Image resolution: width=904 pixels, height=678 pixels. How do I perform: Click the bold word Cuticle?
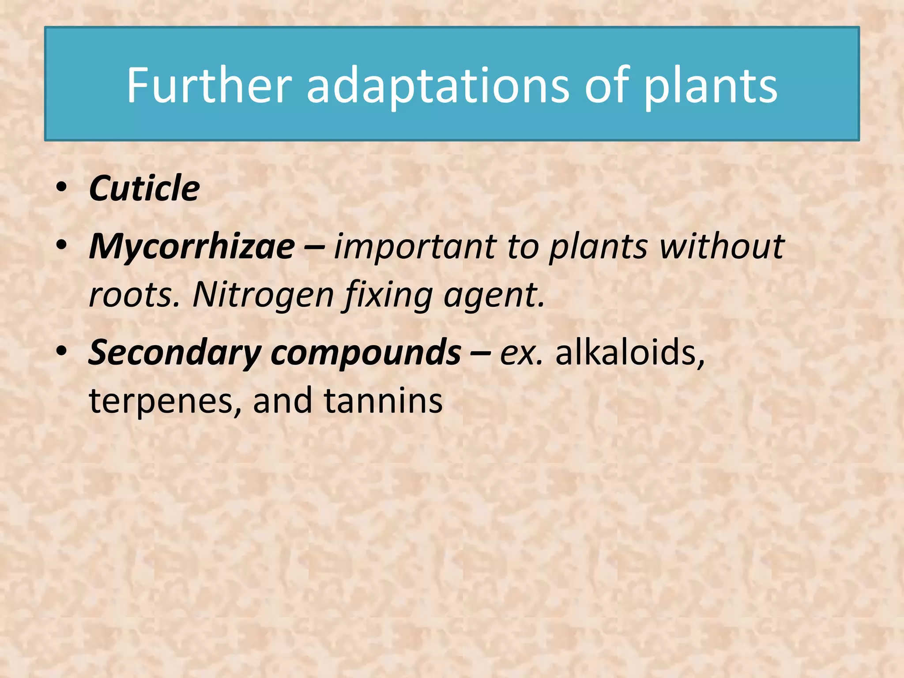pos(144,188)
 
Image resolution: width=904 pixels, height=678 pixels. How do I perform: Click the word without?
pos(722,246)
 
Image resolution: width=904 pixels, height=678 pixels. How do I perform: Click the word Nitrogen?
pos(263,295)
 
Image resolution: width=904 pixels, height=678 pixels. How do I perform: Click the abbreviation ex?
pos(521,353)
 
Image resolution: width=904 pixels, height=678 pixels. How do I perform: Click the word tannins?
pos(383,401)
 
